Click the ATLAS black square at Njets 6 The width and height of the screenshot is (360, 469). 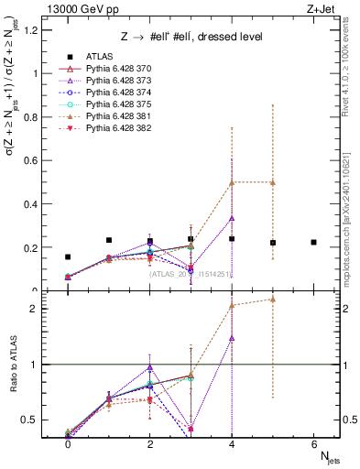point(314,242)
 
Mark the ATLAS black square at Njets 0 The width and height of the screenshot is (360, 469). point(68,257)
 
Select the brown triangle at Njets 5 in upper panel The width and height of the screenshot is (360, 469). point(273,182)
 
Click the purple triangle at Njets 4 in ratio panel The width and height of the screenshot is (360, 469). point(232,337)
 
